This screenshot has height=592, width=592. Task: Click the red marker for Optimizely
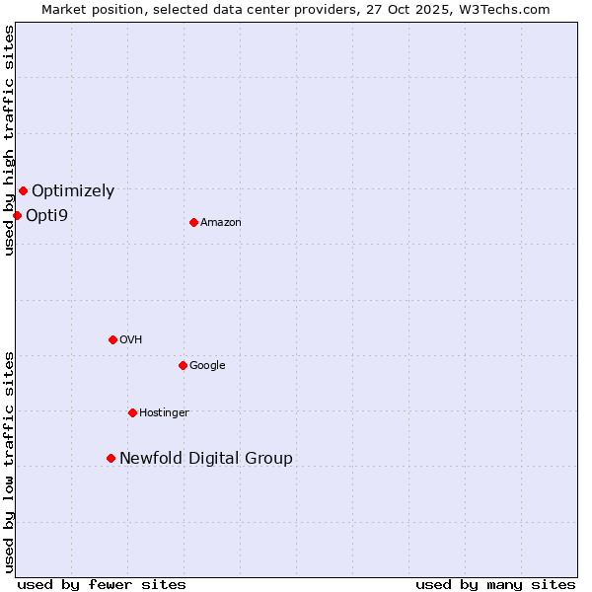click(23, 191)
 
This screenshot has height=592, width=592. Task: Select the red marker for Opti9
click(17, 215)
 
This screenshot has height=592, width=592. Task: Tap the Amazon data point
click(193, 222)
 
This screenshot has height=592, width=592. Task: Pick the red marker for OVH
click(112, 339)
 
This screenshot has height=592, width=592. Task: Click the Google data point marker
click(183, 365)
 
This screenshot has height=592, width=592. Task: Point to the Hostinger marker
click(132, 412)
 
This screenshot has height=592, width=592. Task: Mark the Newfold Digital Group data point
click(111, 458)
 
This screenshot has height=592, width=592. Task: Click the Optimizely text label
click(73, 191)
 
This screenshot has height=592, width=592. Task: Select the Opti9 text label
click(46, 215)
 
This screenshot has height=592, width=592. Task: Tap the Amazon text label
click(221, 222)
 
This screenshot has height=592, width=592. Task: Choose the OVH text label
click(131, 339)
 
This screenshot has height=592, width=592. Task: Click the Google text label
click(207, 365)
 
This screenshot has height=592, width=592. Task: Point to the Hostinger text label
click(164, 412)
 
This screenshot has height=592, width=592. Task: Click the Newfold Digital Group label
click(206, 458)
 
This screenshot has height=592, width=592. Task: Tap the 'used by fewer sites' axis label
click(102, 584)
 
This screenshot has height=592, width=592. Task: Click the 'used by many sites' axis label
click(495, 584)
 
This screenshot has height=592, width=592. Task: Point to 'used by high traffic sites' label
click(9, 140)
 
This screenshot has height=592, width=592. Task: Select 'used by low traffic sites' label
click(9, 462)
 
